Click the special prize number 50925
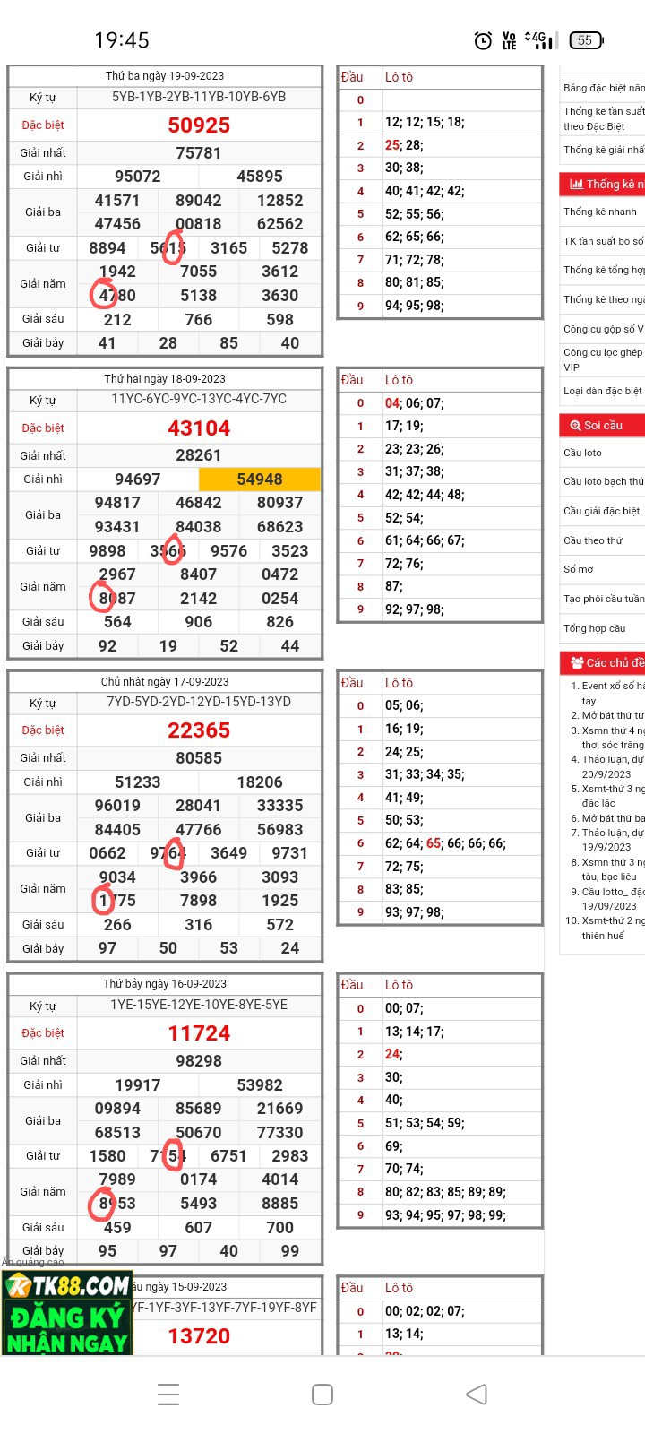pyautogui.click(x=199, y=125)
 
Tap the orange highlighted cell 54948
pyautogui.click(x=259, y=479)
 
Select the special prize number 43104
pyautogui.click(x=199, y=428)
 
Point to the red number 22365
pyautogui.click(x=199, y=730)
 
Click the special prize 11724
pyautogui.click(x=199, y=1033)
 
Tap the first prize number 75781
pyautogui.click(x=199, y=153)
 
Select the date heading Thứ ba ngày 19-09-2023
pyautogui.click(x=165, y=76)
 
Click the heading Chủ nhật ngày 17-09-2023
pyautogui.click(x=165, y=682)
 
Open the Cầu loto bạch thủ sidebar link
pyautogui.click(x=603, y=481)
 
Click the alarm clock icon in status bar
pyautogui.click(x=483, y=40)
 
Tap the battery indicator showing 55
pyautogui.click(x=586, y=40)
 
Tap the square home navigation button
pyautogui.click(x=322, y=1395)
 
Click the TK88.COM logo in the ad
pyautogui.click(x=67, y=1286)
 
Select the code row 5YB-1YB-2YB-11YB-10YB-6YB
pyautogui.click(x=199, y=97)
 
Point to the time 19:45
pyautogui.click(x=122, y=40)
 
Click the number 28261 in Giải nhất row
pyautogui.click(x=199, y=455)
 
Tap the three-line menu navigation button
pyautogui.click(x=168, y=1395)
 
